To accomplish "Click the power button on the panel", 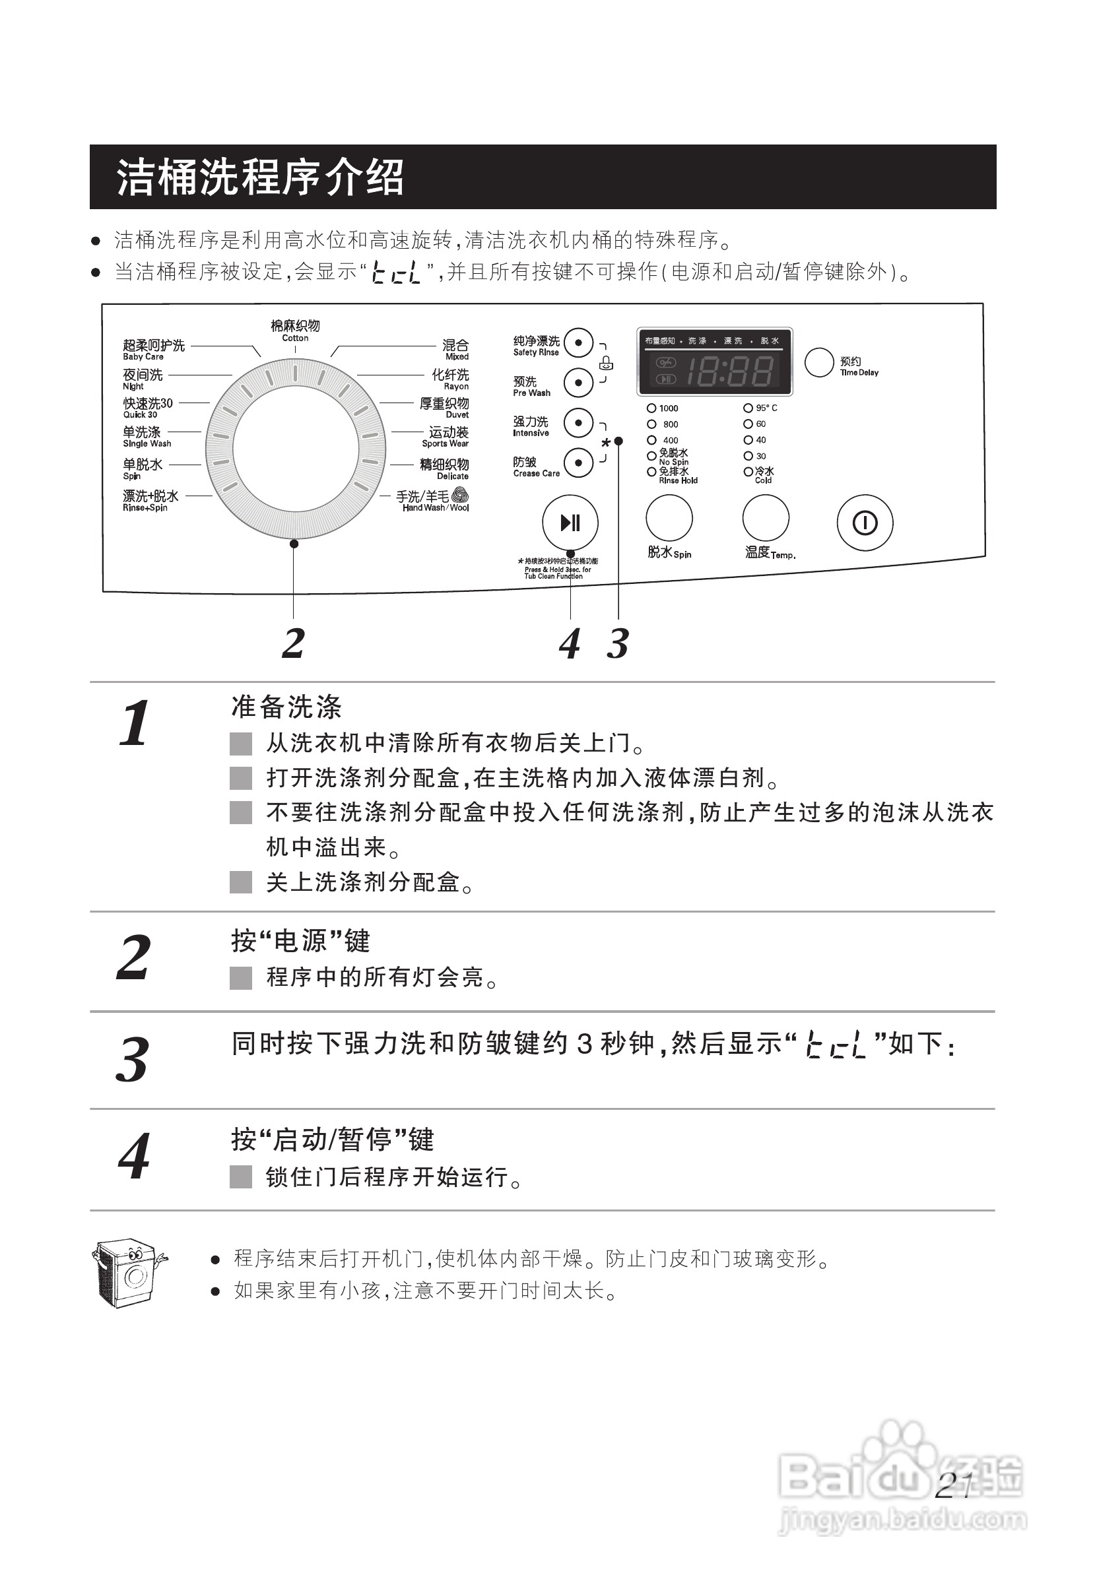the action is coord(865,523).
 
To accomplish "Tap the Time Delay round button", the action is coord(818,362).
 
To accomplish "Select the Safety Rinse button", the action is coord(578,342).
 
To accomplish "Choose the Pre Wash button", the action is coord(578,383).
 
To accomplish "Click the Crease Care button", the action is coord(578,463).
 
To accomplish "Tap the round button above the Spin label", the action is coord(669,518).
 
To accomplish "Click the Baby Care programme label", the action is coord(154,349).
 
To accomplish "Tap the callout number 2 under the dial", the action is coord(294,643).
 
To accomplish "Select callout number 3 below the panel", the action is coord(618,643).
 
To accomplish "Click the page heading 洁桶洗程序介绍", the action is coord(260,177).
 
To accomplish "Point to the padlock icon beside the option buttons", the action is coord(607,363).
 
